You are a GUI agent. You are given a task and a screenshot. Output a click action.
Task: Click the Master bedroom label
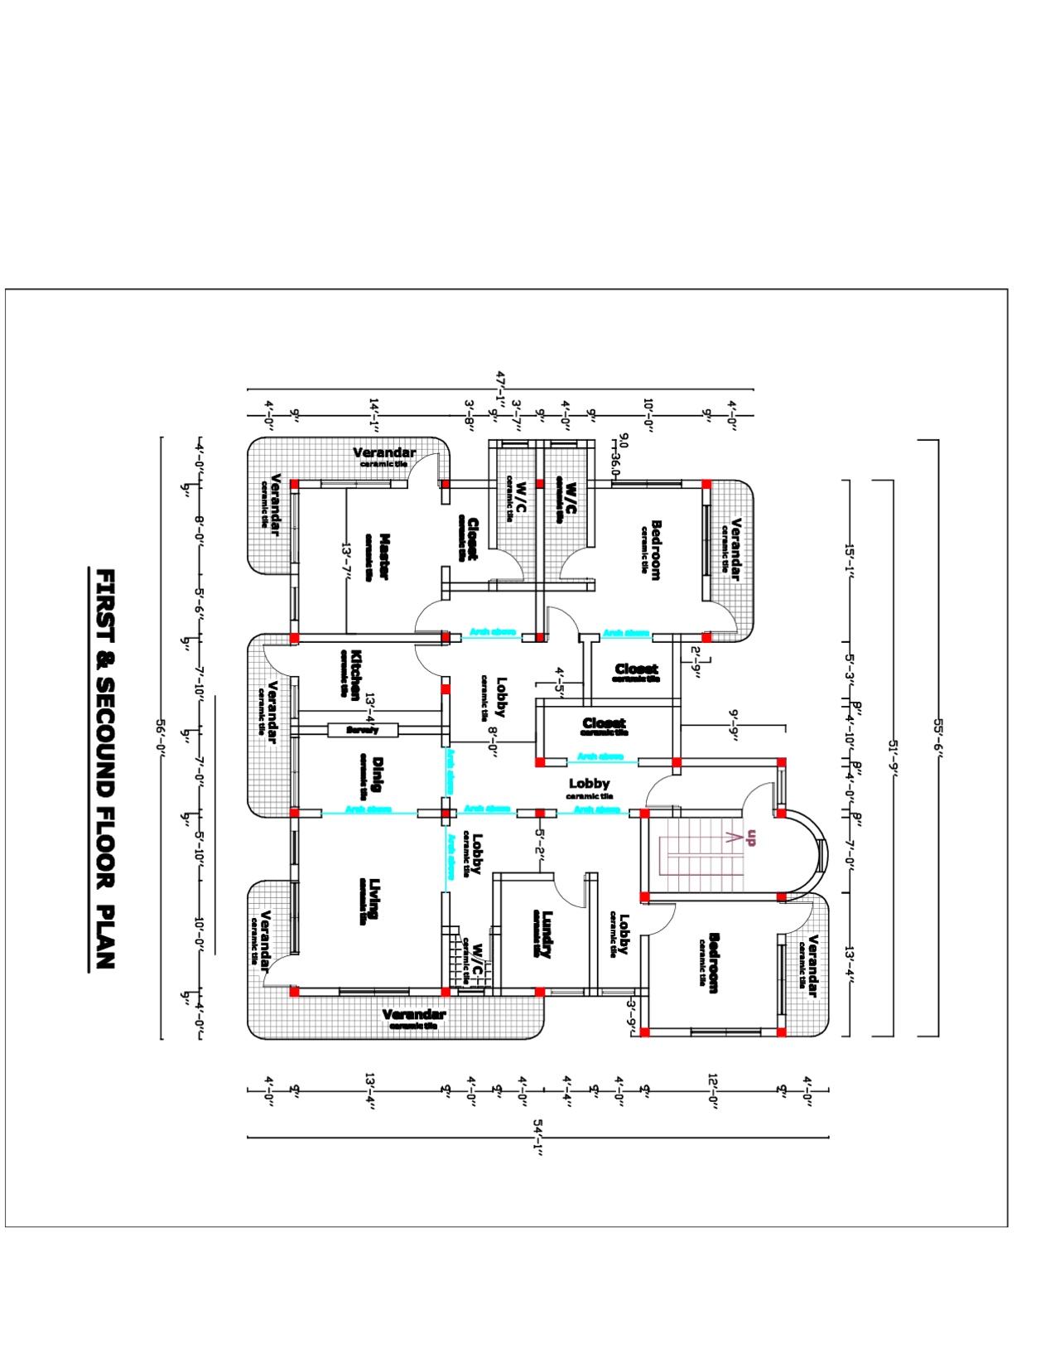click(x=383, y=557)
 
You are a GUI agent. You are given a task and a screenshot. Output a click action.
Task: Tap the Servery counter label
click(x=362, y=730)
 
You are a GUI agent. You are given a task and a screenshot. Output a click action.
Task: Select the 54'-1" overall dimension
click(x=537, y=1137)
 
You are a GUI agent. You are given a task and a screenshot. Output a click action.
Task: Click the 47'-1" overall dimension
click(x=500, y=388)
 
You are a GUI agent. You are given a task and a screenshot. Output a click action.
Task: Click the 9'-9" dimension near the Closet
click(x=734, y=725)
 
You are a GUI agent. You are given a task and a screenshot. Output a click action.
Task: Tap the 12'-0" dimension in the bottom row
click(x=713, y=1090)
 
